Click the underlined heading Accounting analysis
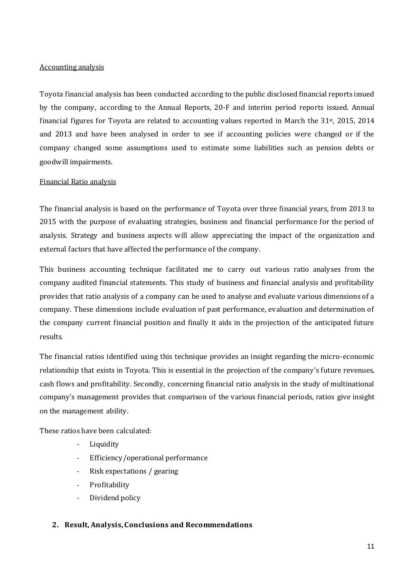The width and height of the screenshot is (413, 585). pyautogui.click(x=71, y=67)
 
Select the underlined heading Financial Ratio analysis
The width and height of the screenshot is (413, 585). pyautogui.click(x=77, y=182)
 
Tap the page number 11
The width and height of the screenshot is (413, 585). pyautogui.click(x=371, y=547)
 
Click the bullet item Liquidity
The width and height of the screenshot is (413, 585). pyautogui.click(x=104, y=444)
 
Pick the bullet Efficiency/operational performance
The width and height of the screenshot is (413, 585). pyautogui.click(x=148, y=458)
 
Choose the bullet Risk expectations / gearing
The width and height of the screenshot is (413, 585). pyautogui.click(x=133, y=471)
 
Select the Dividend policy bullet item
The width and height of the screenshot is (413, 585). pyautogui.click(x=115, y=498)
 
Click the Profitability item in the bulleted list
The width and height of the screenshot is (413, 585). pyautogui.click(x=109, y=485)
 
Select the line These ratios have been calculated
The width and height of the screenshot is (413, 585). pyautogui.click(x=95, y=431)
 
